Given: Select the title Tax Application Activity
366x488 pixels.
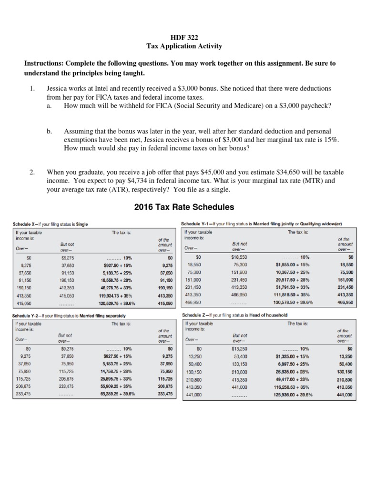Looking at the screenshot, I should (183, 46).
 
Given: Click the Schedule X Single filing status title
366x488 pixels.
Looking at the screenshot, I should (50, 224).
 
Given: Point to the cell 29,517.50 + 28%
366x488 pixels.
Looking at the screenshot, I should (291, 281).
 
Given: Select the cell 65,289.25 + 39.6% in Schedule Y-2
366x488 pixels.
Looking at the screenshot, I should (117, 394).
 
